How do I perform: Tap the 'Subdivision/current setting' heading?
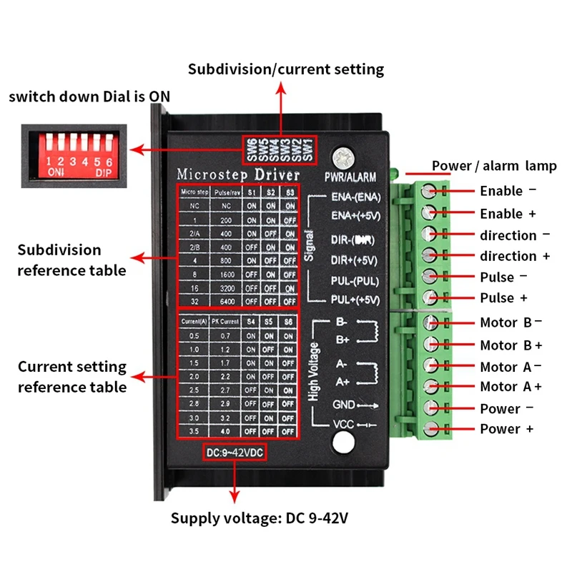point(286,69)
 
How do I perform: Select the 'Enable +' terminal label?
point(507,213)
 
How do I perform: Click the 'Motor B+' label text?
point(511,345)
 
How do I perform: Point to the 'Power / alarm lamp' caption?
point(493,166)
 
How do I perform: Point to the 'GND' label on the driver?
point(344,404)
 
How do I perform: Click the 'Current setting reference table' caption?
point(72,377)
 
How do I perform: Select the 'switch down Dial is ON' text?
point(89,96)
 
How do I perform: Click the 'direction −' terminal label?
point(514,235)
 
